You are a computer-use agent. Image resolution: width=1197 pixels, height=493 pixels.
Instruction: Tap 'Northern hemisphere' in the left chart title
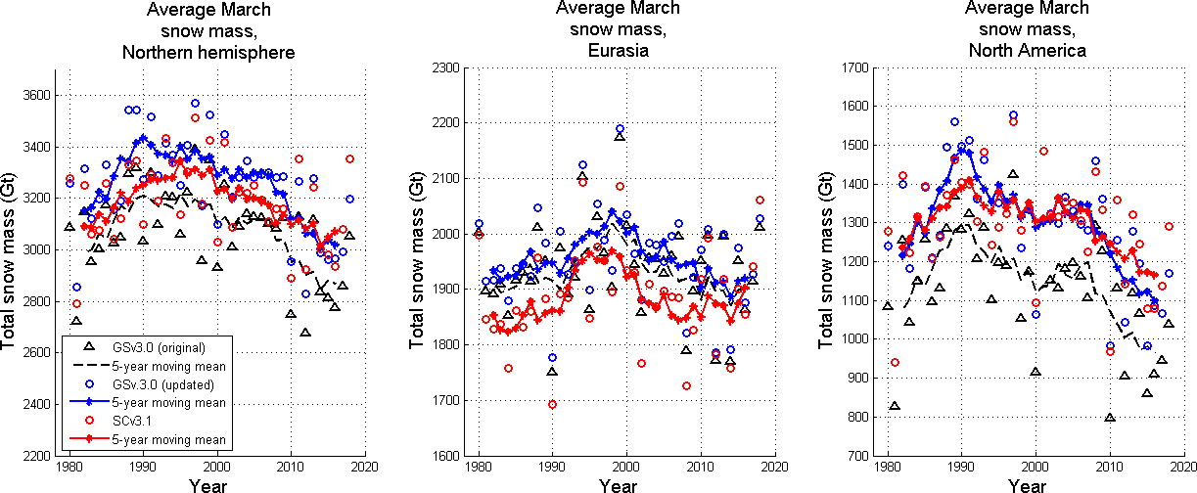pos(208,52)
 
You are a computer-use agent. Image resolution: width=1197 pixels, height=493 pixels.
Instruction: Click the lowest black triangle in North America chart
pos(1110,418)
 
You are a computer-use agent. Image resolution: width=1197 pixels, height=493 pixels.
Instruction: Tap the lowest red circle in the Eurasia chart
pos(553,404)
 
